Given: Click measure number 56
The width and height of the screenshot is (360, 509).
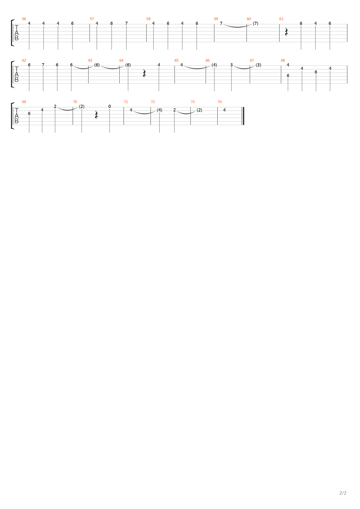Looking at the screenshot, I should click(x=24, y=19).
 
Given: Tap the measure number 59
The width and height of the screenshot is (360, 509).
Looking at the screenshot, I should click(x=216, y=19).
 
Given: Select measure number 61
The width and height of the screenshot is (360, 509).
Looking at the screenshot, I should click(x=281, y=19).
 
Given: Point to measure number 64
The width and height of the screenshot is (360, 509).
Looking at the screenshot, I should click(x=121, y=60).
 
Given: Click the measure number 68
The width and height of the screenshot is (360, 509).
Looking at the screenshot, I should click(x=283, y=60).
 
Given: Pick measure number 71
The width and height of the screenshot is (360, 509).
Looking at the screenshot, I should click(x=126, y=102).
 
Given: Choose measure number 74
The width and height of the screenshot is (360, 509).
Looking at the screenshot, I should click(x=220, y=102).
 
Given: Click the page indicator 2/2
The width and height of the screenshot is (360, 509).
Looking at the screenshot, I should click(x=343, y=493).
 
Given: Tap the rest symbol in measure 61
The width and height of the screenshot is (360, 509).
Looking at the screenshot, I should click(x=286, y=32).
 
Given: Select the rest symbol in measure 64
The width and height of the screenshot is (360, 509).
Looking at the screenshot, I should click(x=145, y=73).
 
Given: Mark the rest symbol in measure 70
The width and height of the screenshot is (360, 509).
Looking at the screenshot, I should click(x=96, y=115).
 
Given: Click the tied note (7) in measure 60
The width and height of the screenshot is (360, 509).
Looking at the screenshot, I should click(x=256, y=23).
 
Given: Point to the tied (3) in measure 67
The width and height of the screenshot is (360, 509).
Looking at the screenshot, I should click(x=258, y=65).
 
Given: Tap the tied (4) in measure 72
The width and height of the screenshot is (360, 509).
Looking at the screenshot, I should click(x=159, y=110).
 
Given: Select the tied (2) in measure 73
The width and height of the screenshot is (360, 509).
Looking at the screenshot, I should click(x=199, y=110).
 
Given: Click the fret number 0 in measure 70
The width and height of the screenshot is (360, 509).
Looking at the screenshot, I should click(x=110, y=106).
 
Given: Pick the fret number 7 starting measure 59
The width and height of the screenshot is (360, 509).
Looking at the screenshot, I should click(x=221, y=23).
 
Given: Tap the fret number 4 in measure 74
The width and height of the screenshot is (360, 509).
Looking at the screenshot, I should click(x=224, y=110).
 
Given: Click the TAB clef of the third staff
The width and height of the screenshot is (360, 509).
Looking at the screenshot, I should click(x=17, y=116).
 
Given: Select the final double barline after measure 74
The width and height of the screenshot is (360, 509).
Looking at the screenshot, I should click(x=243, y=116).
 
